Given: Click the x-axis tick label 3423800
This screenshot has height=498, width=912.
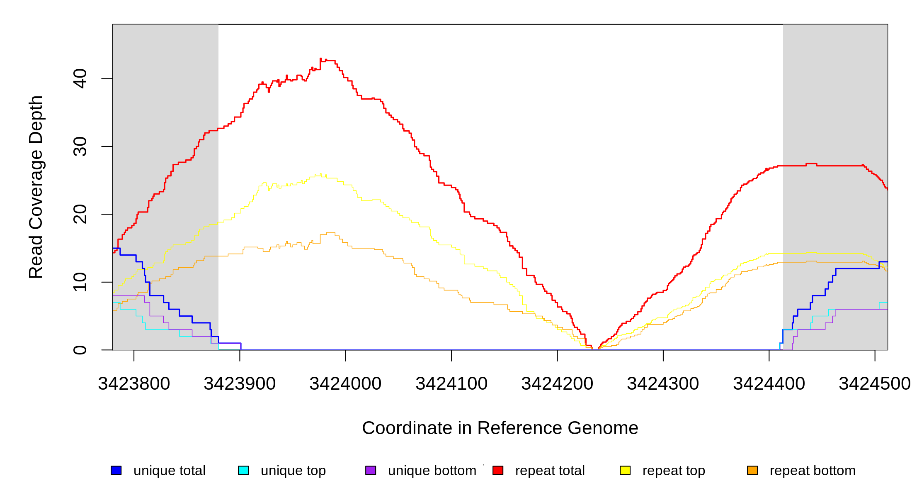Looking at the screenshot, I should point(134,384).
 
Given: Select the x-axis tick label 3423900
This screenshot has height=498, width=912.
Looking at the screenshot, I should point(240,384).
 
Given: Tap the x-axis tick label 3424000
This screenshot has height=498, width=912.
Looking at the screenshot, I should point(345,384).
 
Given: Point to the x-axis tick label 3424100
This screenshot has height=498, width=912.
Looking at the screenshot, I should point(451,384).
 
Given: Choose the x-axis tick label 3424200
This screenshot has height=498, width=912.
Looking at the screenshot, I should point(557,384).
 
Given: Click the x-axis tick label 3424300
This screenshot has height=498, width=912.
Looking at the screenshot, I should point(663,384).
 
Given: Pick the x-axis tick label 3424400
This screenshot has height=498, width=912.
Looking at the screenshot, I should point(769,384).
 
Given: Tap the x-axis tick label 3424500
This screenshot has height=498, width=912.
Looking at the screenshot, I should point(874,384).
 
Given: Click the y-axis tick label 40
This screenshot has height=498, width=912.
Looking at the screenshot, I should point(80,79).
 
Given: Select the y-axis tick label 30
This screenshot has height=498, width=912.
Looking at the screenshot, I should point(80,146).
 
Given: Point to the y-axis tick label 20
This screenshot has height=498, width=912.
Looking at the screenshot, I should point(80,214).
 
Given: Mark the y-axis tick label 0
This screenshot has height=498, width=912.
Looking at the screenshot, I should point(80,350).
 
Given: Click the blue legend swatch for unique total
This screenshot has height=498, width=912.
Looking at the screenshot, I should point(116,470).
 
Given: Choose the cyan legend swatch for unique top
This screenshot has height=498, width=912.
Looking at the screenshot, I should point(243,470).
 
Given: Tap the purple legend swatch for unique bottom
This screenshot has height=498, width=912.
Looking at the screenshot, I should point(371,470).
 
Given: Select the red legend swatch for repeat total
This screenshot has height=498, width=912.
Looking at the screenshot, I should point(498,470).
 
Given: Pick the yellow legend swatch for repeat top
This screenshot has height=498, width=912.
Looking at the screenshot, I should point(625,470).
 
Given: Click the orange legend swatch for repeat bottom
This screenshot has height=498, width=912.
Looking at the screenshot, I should point(752,470).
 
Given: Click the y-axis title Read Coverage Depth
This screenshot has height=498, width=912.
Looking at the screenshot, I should point(36,187).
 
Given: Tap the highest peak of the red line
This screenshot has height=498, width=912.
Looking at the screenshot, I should point(321,59).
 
